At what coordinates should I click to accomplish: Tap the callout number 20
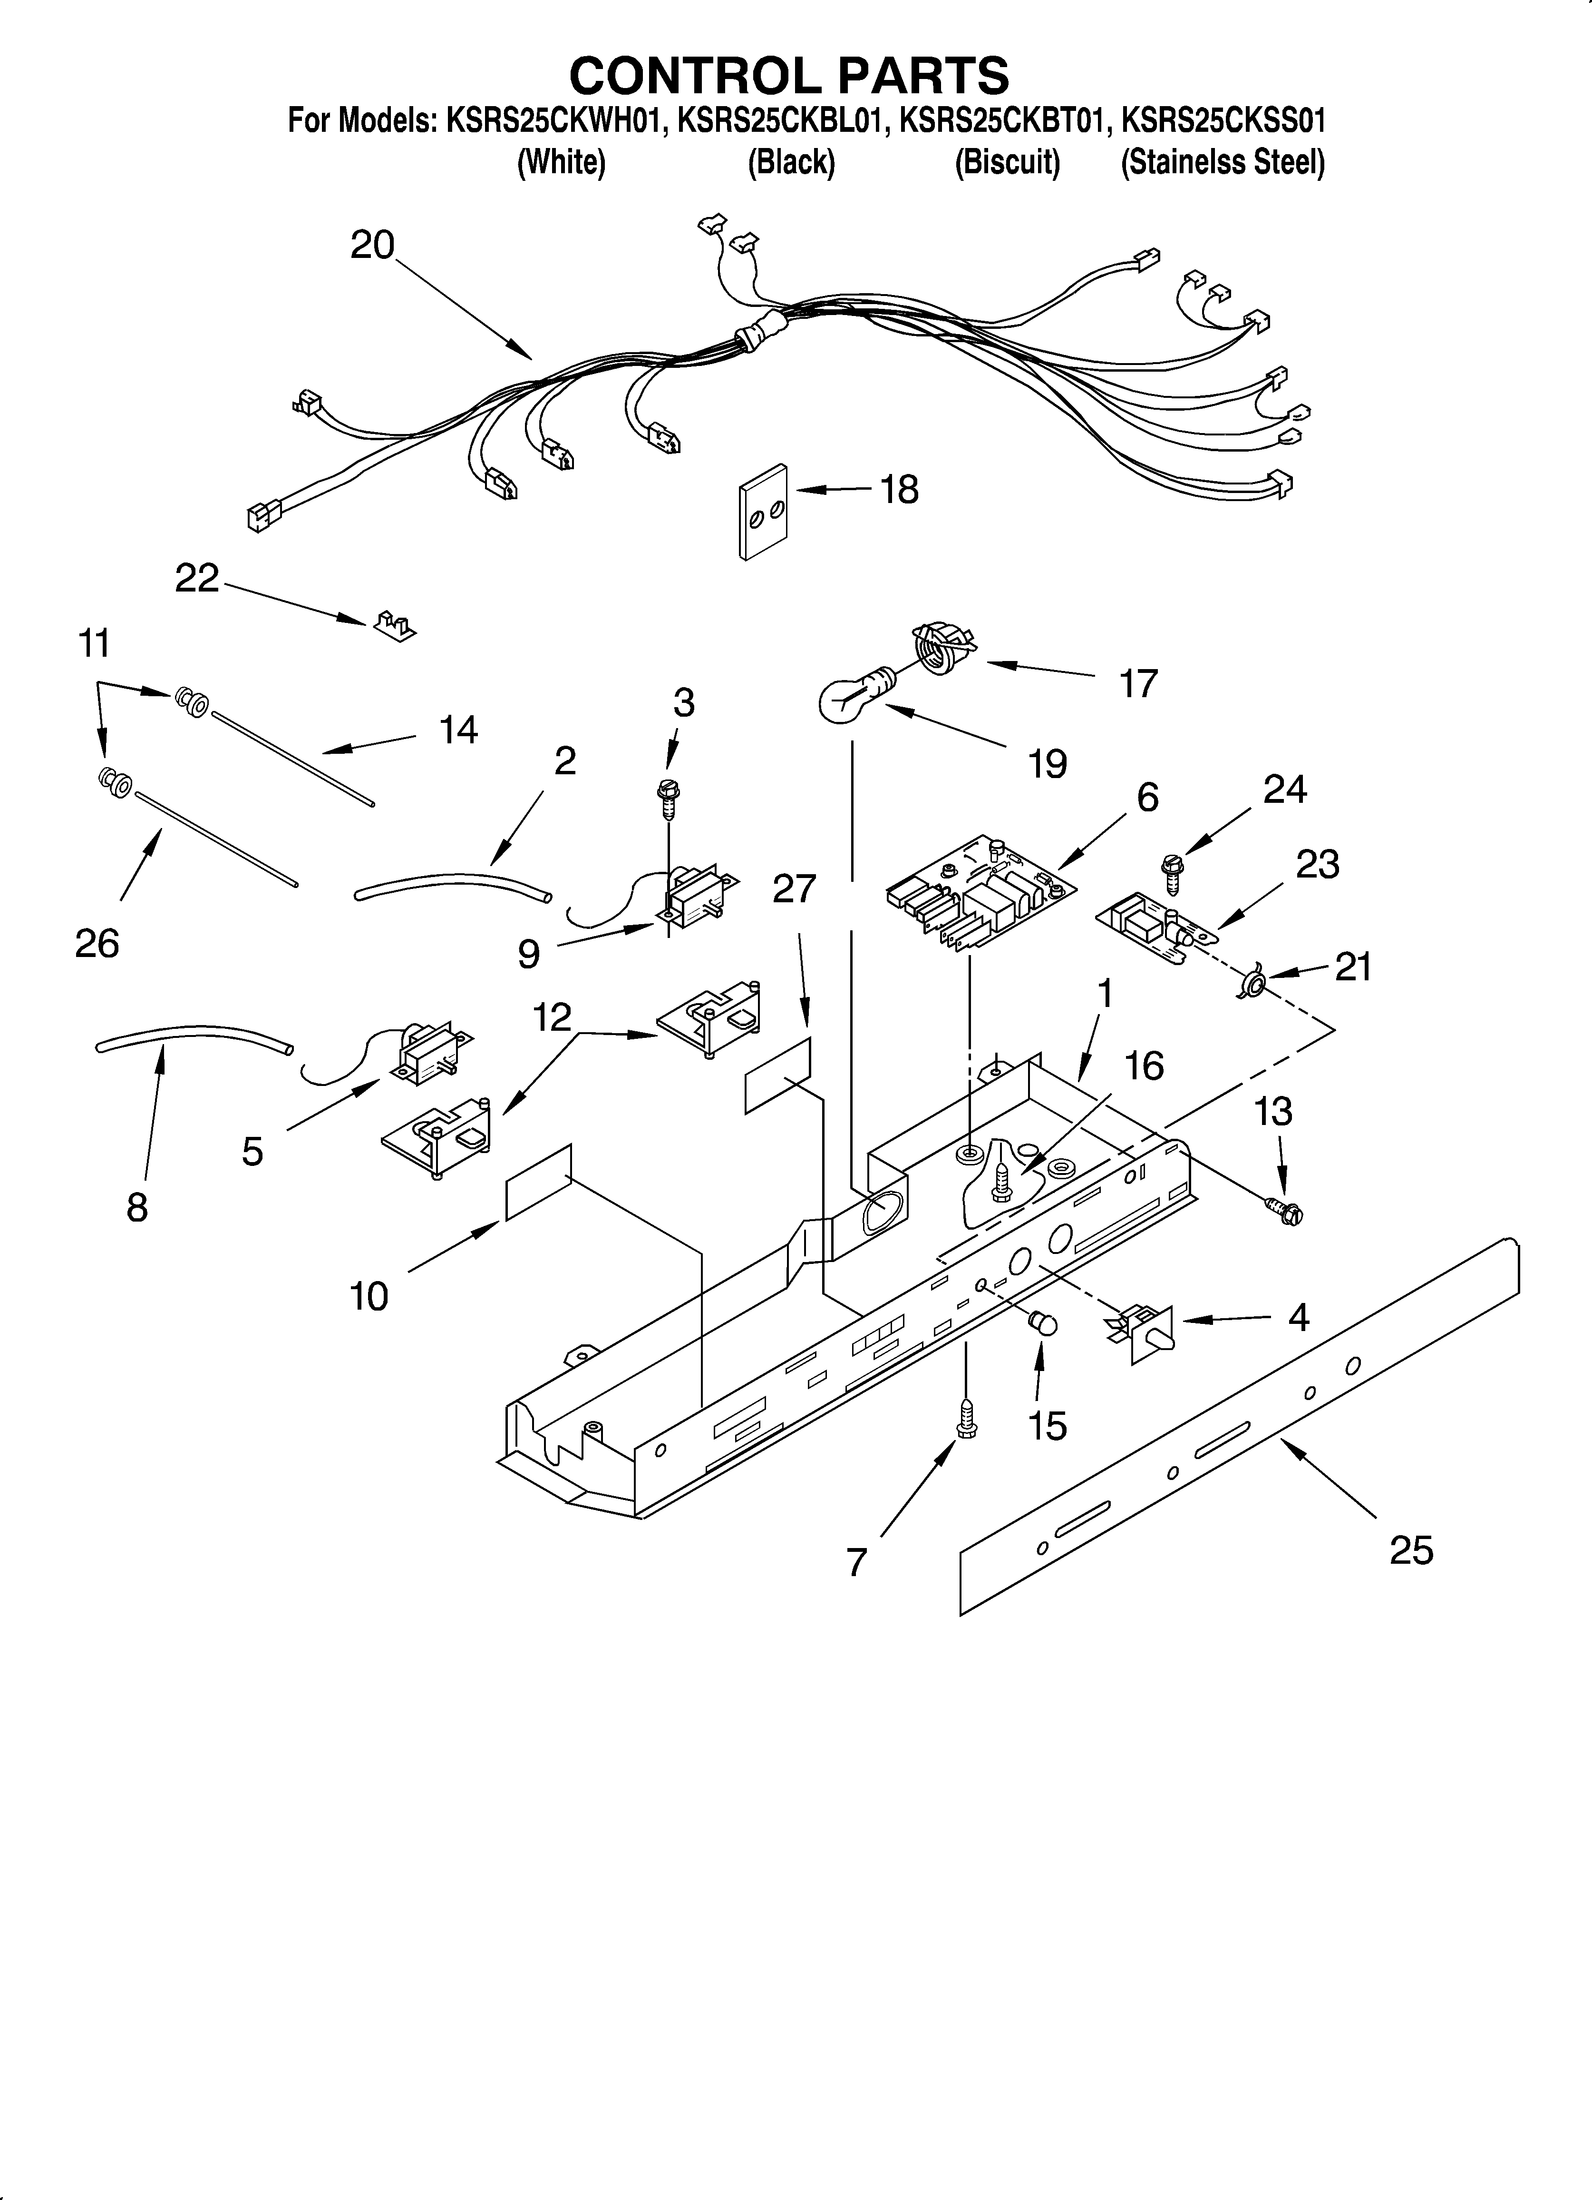(372, 245)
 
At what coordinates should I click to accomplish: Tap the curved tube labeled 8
(194, 1036)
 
